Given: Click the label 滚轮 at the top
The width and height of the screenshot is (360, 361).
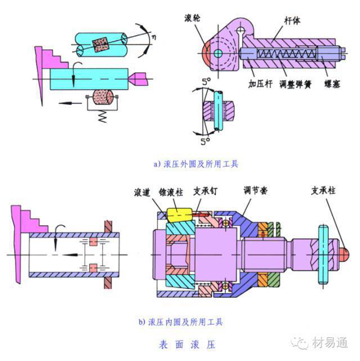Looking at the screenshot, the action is point(192,17).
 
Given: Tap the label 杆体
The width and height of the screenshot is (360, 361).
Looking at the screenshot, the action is point(292,20).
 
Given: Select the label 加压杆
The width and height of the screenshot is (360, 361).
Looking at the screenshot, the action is point(260,83).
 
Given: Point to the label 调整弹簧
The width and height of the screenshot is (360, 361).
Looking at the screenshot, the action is point(295,84).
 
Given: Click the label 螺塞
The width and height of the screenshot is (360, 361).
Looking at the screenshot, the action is point(332,84).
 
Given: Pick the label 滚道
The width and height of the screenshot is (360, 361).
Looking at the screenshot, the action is point(142,192).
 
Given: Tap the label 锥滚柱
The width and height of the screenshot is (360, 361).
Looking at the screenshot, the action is point(171,192).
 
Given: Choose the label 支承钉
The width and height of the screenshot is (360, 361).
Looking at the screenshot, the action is point(205,191).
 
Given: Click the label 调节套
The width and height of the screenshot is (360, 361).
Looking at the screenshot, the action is point(255,190).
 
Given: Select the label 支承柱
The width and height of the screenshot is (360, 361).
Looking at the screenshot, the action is point(323,190).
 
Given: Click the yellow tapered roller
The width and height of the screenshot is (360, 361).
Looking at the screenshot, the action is point(179,215).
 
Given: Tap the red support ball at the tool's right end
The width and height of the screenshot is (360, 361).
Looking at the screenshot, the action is point(344,255).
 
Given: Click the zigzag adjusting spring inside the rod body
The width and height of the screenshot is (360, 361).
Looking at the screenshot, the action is point(286,54).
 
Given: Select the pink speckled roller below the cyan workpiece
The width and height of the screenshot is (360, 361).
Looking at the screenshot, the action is point(102,97).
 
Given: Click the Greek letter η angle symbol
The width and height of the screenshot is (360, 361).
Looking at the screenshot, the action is point(154,37).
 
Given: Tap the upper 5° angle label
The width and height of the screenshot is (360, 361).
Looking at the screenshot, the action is point(206,81).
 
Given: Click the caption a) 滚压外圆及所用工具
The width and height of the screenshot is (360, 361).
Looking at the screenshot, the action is point(196,164).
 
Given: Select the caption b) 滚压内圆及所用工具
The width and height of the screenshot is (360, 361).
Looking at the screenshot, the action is point(181,322).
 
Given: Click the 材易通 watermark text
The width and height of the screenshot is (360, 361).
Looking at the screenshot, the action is point(330,343).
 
